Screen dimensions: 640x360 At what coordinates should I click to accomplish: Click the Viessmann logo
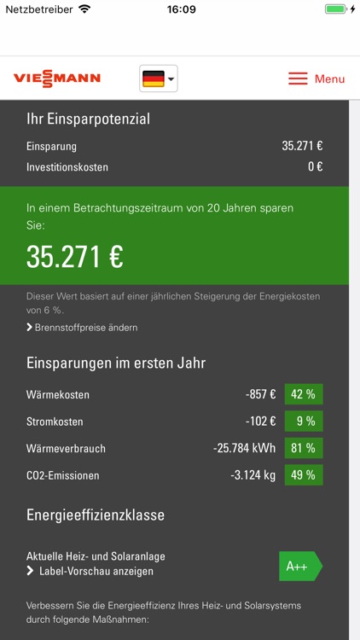57,79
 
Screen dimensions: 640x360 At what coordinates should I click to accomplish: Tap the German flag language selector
159,79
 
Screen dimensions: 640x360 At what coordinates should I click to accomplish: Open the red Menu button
316,79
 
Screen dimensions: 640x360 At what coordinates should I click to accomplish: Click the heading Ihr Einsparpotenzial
88,119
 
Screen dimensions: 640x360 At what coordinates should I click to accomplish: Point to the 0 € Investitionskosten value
315,167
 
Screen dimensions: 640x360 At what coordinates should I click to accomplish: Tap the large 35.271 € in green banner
75,257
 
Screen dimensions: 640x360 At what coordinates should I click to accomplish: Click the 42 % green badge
303,394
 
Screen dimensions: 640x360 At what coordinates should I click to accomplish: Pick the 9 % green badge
303,421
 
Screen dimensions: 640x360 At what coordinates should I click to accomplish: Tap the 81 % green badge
303,448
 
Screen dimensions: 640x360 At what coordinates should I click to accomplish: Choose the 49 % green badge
303,475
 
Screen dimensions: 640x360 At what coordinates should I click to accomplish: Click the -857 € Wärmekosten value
260,394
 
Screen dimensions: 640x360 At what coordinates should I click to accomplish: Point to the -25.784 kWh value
244,448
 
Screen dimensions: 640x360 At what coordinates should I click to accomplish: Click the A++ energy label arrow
300,566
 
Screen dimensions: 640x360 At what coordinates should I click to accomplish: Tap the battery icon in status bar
336,9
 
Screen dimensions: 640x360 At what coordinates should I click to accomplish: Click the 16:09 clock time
180,9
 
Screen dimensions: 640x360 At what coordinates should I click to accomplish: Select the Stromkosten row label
55,422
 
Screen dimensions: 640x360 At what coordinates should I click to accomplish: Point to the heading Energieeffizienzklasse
96,515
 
